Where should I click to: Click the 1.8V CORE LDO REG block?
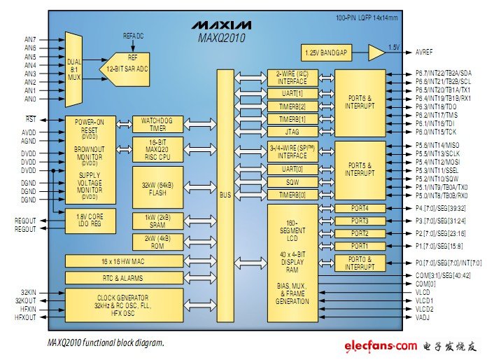95,221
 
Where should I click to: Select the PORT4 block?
360,209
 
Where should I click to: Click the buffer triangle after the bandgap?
376,53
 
